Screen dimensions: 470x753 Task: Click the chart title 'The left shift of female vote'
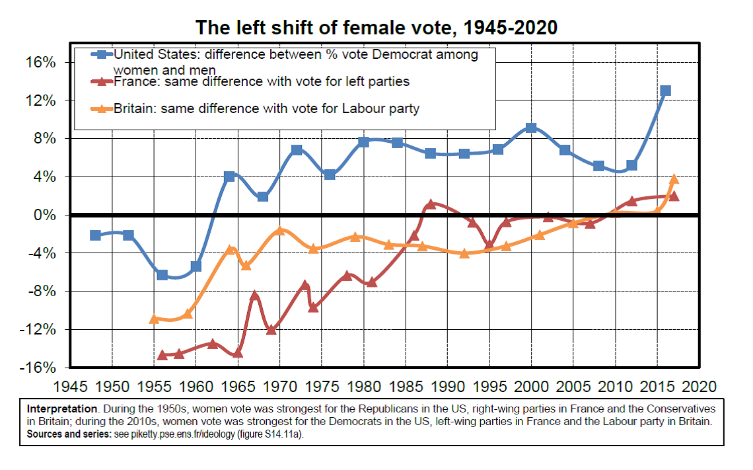tap(377, 27)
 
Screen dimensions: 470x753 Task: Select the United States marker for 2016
tap(666, 91)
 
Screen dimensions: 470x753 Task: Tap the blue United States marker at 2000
tap(531, 128)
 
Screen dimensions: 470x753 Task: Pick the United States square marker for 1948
tap(95, 235)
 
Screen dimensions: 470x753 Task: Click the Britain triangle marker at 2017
tap(674, 179)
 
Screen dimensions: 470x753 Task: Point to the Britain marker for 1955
tap(154, 319)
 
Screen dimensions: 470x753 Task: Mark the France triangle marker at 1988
tap(431, 204)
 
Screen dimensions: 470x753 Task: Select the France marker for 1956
tap(162, 355)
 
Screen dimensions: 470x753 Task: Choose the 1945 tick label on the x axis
tap(70, 385)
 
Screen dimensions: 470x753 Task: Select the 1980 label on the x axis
tap(363, 385)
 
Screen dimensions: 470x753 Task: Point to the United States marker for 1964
tap(229, 176)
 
